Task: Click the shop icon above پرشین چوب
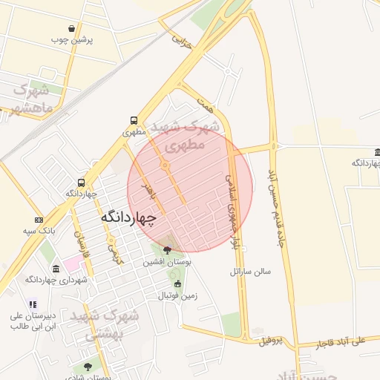coord(71,28)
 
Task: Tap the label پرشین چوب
coord(72,40)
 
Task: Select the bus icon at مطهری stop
coord(134,120)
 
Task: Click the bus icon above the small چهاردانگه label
coord(81,183)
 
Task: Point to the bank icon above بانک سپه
coord(39,220)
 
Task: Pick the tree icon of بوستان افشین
coord(166,250)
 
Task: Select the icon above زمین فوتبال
coord(177,284)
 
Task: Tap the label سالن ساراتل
coord(250,272)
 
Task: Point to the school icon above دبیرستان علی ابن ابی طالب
coord(31,304)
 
